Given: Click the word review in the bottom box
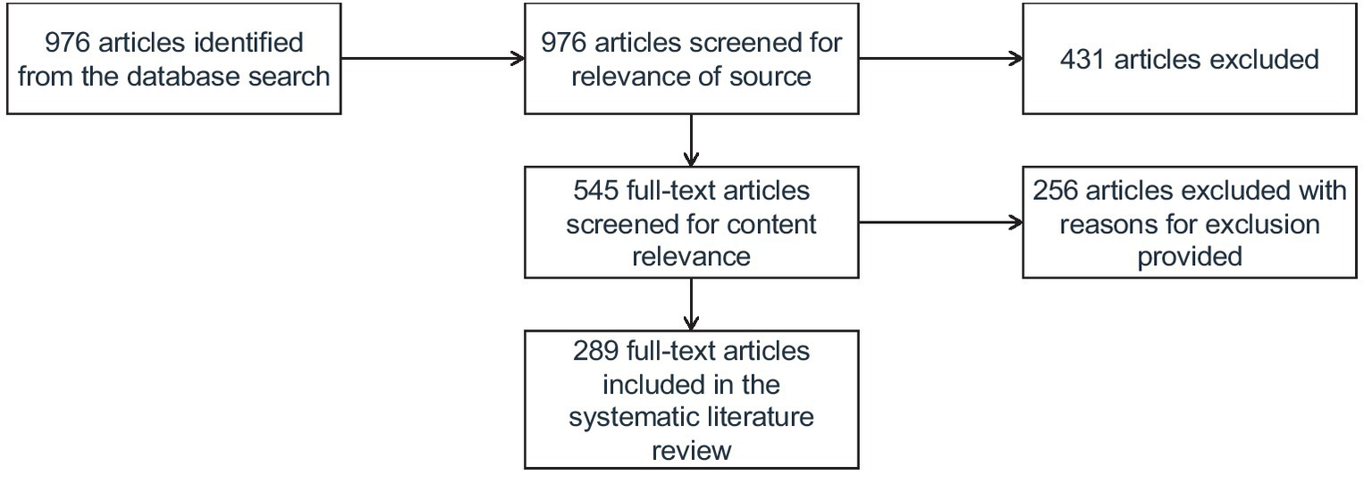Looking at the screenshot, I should [691, 450].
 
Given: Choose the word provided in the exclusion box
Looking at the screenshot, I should [1190, 256].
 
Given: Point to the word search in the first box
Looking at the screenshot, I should [288, 76].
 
